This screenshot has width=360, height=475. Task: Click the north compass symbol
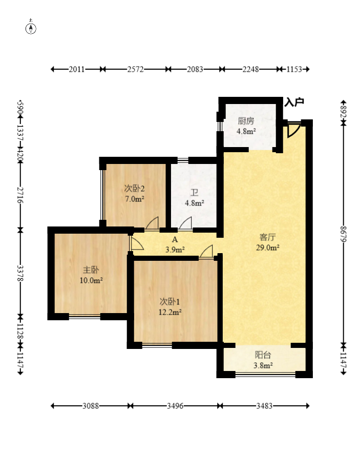31,28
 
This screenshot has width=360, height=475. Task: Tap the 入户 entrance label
294,102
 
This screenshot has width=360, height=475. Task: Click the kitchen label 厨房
246,121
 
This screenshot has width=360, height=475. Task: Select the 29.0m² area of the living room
267,247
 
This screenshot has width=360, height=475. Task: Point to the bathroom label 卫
194,193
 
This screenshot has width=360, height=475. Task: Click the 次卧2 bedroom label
135,189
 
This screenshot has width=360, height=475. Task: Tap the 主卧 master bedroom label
91,270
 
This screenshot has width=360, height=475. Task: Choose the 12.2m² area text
170,312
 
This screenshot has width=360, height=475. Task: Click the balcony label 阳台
263,355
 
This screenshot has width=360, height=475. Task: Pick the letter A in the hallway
175,240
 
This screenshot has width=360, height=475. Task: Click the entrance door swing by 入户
293,130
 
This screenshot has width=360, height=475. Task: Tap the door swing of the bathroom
185,223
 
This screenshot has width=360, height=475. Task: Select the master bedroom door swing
136,243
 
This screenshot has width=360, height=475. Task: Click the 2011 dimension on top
77,69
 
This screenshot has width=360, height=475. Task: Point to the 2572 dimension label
135,69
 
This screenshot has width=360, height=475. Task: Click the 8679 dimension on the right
343,234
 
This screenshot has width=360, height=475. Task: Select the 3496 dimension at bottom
175,406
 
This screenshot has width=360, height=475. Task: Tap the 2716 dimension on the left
20,195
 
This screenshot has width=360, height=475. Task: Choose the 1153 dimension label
294,69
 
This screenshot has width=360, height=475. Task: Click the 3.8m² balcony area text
263,365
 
